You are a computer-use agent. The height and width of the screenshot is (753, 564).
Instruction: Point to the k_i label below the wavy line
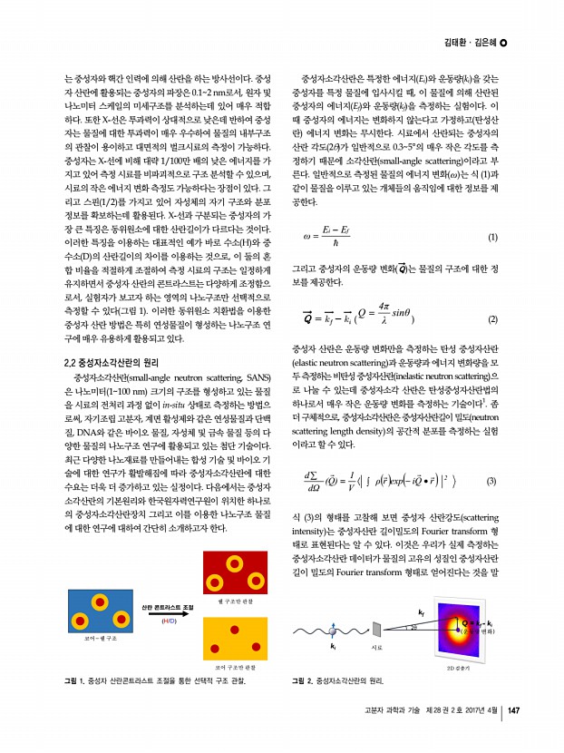pyautogui.click(x=333, y=647)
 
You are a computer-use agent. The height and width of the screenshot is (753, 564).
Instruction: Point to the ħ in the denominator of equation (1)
pyautogui.click(x=336, y=245)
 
